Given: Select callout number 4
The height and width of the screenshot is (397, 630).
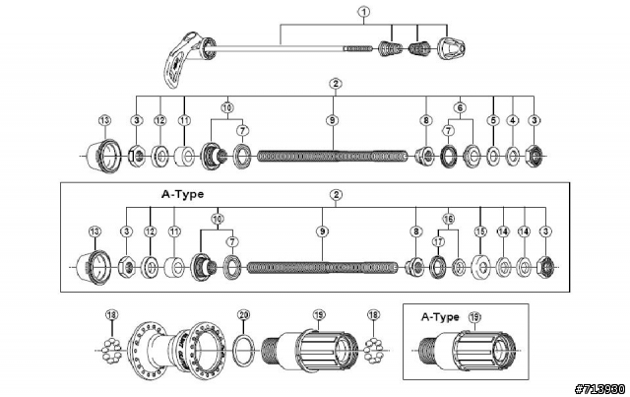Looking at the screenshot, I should pyautogui.click(x=513, y=120).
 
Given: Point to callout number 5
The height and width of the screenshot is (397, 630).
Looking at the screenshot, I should pyautogui.click(x=493, y=120).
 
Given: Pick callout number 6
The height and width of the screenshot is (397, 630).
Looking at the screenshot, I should pyautogui.click(x=459, y=105).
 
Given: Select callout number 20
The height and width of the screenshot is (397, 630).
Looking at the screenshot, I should pyautogui.click(x=244, y=315).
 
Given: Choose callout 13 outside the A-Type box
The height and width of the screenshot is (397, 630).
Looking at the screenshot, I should pyautogui.click(x=105, y=120).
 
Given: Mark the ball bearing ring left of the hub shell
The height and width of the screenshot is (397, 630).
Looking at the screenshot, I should pyautogui.click(x=111, y=348).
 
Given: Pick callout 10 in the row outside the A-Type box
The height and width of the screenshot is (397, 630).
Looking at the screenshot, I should pyautogui.click(x=227, y=105).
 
